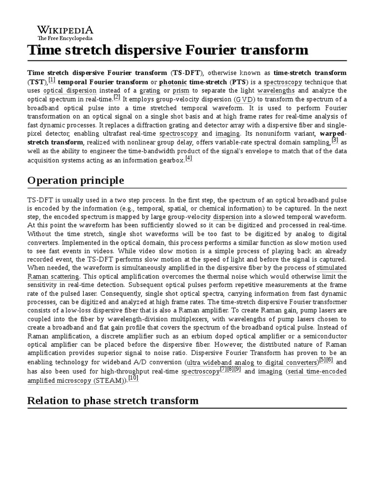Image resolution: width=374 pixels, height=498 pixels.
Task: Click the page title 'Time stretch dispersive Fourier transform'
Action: [168, 50]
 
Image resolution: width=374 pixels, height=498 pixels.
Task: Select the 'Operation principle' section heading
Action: [75, 180]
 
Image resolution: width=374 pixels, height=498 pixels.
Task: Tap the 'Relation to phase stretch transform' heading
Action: [113, 400]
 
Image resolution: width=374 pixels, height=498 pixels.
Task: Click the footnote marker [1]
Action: [52, 80]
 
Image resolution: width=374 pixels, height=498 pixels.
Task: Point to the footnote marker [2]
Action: [117, 96]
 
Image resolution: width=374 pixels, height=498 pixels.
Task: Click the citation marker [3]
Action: [335, 140]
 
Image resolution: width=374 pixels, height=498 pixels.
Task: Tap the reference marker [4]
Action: [189, 158]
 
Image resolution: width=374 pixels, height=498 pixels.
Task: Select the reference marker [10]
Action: [133, 378]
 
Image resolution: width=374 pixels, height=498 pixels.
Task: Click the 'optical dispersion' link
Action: [70, 90]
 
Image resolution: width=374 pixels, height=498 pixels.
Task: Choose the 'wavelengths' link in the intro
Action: [276, 90]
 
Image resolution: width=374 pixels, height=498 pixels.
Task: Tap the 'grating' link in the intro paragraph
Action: [150, 90]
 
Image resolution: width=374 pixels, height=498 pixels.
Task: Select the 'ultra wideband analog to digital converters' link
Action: [252, 363]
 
